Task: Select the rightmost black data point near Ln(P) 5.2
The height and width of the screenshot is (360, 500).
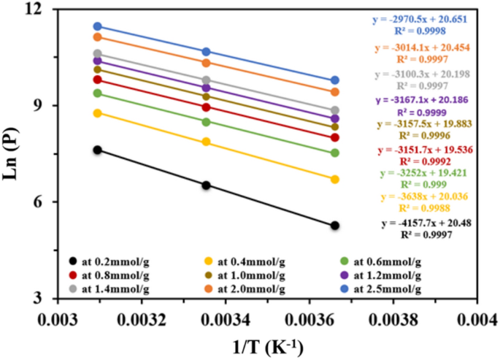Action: click(x=334, y=226)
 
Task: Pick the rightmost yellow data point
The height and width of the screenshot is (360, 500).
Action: click(x=334, y=179)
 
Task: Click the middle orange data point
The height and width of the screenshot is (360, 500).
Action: click(x=207, y=63)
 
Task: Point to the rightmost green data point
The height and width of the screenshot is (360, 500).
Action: click(x=334, y=153)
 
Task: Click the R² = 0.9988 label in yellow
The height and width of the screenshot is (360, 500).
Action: click(x=431, y=209)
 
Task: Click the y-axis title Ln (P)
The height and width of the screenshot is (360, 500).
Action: click(x=12, y=153)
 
